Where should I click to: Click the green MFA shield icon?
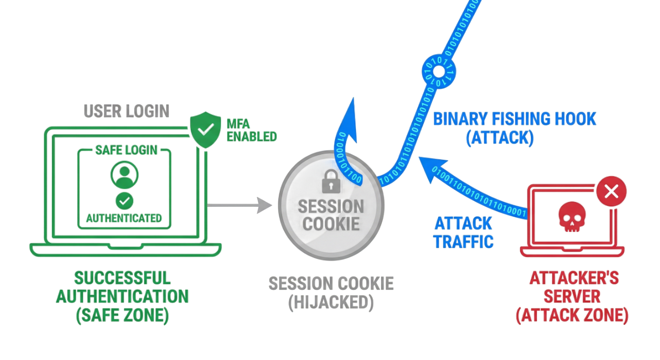(205, 129)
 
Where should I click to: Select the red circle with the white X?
(612, 191)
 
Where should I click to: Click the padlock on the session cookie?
(331, 182)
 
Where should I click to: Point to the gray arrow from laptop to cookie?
(239, 205)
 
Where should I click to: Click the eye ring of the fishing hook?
(439, 71)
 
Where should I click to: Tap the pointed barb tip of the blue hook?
(353, 98)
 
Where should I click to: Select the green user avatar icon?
(124, 175)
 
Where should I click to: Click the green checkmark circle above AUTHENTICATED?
(124, 201)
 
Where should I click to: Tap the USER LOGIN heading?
(126, 111)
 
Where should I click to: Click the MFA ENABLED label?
(252, 130)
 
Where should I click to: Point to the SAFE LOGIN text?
(126, 150)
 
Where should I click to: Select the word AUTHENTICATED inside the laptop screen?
(124, 218)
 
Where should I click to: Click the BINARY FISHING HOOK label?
(515, 119)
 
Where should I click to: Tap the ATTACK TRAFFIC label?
(463, 233)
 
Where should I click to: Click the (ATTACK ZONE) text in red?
(572, 315)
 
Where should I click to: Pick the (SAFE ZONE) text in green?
(122, 315)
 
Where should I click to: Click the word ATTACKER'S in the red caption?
(574, 278)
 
